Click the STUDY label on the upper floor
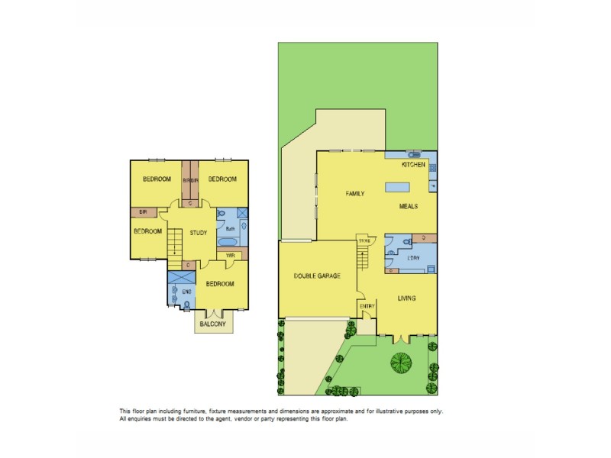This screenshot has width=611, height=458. (x=199, y=234)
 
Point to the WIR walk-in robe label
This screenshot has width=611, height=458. (x=230, y=255)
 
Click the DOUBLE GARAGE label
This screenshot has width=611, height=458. (x=317, y=276)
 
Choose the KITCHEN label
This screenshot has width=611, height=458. (x=413, y=164)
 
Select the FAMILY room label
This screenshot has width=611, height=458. (x=355, y=194)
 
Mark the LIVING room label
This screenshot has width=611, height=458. (x=406, y=298)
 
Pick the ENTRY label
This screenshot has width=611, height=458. (x=367, y=307)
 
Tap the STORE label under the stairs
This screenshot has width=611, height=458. (x=364, y=241)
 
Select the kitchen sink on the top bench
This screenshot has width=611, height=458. (x=414, y=154)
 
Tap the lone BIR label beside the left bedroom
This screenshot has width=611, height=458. (x=142, y=213)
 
